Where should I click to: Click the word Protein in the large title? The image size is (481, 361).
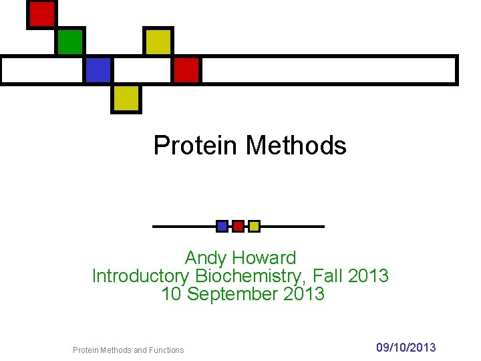pyautogui.click(x=196, y=145)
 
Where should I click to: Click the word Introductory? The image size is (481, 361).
pyautogui.click(x=141, y=275)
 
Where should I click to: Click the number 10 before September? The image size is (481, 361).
pyautogui.click(x=171, y=293)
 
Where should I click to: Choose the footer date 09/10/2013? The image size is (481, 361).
pyautogui.click(x=406, y=347)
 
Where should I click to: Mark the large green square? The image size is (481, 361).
pyautogui.click(x=69, y=41)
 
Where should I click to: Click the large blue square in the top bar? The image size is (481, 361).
pyautogui.click(x=98, y=70)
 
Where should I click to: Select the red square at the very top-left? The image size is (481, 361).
pyautogui.click(x=41, y=14)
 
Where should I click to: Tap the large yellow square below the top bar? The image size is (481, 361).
pyautogui.click(x=126, y=98)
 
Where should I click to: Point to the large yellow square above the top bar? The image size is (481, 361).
pyautogui.click(x=158, y=41)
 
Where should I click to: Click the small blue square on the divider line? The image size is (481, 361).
pyautogui.click(x=222, y=226)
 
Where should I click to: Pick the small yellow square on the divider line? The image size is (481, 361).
pyautogui.click(x=254, y=226)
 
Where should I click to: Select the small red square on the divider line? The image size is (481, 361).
pyautogui.click(x=238, y=226)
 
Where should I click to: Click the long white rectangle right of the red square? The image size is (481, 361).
pyautogui.click(x=329, y=70)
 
